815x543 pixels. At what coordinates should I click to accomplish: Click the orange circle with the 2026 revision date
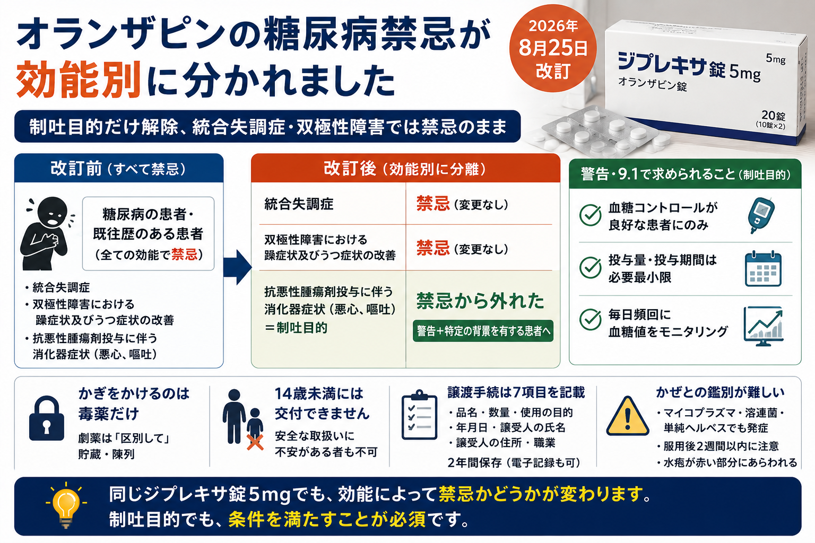click(553, 48)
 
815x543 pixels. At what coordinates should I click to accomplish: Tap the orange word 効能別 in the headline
click(78, 80)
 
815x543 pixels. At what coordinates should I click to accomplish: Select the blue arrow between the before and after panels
click(237, 267)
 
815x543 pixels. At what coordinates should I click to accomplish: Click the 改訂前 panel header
click(119, 169)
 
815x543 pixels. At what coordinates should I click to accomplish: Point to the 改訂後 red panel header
click(405, 169)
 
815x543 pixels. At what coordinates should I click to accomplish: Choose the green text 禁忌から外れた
click(480, 301)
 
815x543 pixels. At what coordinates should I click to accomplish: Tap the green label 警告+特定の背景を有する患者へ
click(483, 331)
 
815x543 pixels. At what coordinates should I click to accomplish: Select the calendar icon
click(763, 268)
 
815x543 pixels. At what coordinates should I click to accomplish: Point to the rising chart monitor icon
click(763, 326)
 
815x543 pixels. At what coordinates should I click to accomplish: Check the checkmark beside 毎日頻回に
click(590, 319)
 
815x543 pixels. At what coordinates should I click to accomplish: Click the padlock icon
click(47, 418)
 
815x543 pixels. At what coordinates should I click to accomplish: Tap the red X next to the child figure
click(255, 442)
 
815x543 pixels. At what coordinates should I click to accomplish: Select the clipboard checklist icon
click(419, 415)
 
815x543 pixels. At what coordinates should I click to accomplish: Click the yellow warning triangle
click(628, 416)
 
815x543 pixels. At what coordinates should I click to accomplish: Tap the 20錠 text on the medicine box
click(773, 116)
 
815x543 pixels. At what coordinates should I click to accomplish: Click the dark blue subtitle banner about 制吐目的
click(267, 126)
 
